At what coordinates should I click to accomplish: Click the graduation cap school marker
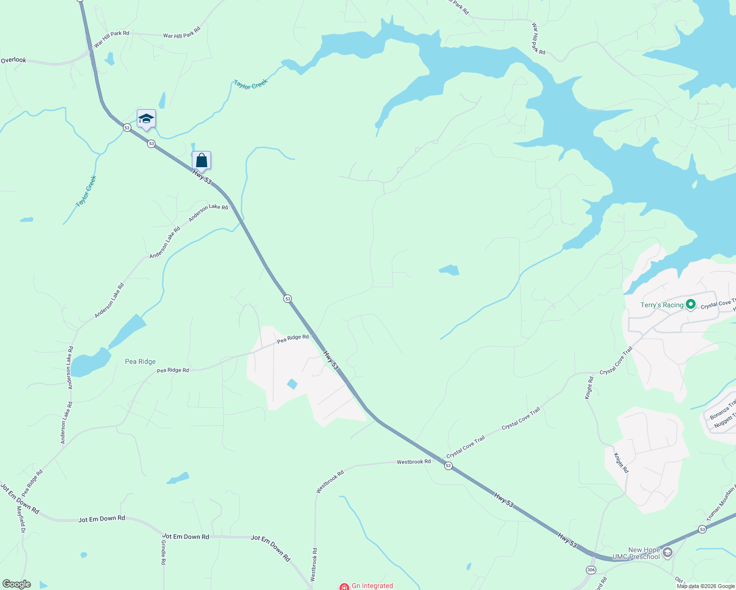tap(146, 119)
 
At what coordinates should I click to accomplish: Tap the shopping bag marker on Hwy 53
tap(201, 160)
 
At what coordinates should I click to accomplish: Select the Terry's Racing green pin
tap(690, 305)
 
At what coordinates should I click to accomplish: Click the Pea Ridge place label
tap(140, 361)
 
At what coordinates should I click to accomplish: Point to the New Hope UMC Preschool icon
tap(667, 553)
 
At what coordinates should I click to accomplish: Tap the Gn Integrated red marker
tap(344, 587)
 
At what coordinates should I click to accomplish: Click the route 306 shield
tap(591, 569)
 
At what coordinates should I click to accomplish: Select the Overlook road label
tap(13, 60)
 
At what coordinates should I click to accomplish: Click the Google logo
tap(16, 584)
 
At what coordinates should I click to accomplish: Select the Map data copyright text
tap(705, 586)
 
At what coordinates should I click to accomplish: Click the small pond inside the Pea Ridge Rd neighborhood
tap(292, 384)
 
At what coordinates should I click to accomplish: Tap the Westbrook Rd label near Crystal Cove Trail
tap(414, 462)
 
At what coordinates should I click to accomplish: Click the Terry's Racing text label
tap(662, 305)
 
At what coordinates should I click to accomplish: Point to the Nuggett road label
tap(725, 420)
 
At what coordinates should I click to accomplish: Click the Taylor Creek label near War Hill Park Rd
tap(250, 84)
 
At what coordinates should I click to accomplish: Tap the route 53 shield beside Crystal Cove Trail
tap(448, 466)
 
